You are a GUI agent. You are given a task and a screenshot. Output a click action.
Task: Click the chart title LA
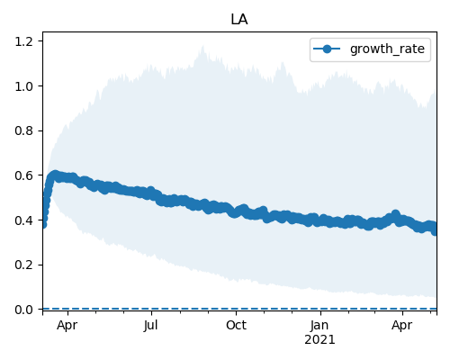[239, 20]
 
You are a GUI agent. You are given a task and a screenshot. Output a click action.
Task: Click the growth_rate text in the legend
[387, 49]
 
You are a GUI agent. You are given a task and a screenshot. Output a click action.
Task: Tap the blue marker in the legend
[327, 49]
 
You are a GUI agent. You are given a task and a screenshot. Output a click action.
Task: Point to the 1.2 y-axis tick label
[24, 41]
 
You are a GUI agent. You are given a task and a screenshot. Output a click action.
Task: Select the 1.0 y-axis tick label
[24, 86]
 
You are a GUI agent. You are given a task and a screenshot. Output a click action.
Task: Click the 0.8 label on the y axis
[24, 130]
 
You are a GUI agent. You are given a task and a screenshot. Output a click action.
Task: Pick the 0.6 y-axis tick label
[24, 175]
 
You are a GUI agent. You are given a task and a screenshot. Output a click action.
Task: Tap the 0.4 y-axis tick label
[24, 220]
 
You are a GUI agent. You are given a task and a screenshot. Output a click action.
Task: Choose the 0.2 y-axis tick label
[24, 265]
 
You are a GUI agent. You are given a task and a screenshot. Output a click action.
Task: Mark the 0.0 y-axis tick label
[24, 310]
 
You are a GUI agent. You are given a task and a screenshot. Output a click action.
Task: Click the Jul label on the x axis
[151, 326]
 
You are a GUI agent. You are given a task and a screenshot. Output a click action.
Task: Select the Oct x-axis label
[236, 325]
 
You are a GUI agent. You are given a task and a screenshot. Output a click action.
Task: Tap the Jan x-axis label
[319, 326]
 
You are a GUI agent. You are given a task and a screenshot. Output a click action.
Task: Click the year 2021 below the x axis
[319, 340]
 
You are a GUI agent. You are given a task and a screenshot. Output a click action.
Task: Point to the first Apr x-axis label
[67, 326]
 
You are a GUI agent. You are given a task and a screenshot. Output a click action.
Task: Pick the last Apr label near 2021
[402, 326]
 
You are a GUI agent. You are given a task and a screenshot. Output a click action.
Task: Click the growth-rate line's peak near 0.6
[55, 175]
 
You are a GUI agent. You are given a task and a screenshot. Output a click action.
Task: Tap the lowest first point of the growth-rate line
[43, 224]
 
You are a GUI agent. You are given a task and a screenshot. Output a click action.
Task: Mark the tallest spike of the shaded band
[203, 47]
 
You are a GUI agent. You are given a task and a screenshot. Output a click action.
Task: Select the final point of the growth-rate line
[435, 231]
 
